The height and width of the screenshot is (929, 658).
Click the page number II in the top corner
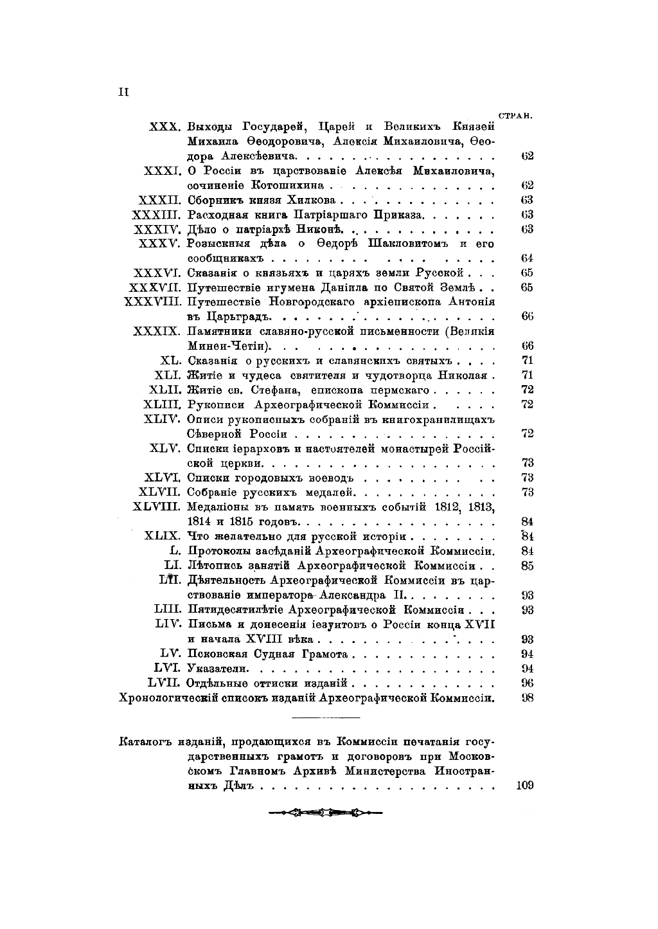coord(123,91)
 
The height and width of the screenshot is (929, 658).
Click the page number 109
coord(525,786)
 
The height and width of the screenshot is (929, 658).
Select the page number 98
coord(528,698)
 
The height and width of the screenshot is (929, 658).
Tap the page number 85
coord(528,566)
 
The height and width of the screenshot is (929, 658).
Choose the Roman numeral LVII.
coord(165,683)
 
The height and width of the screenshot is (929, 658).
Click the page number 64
coord(528,258)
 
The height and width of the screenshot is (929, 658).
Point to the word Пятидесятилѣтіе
coord(235,609)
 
